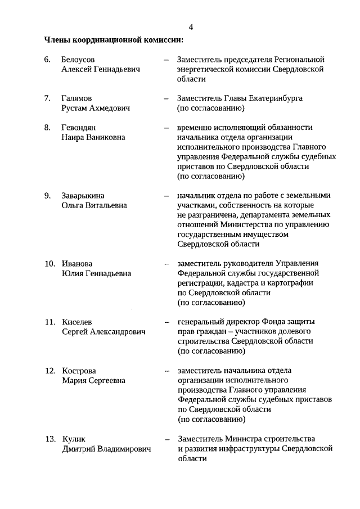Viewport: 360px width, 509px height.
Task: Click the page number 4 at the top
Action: coord(191,27)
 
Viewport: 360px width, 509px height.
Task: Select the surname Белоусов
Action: coord(78,59)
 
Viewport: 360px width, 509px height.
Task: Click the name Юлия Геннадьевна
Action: coord(96,273)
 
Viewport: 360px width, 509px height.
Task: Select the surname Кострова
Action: coord(79,371)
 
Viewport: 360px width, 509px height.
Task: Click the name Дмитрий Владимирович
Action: coord(107,449)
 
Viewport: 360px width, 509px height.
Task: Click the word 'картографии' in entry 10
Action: coord(291,283)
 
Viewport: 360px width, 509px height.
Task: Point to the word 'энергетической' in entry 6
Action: coord(204,69)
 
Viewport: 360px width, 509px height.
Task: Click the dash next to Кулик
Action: coord(166,439)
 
